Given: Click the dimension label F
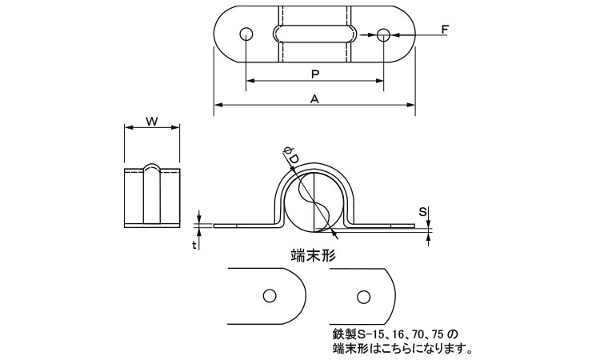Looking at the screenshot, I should [445, 30].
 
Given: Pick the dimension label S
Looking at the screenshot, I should [423, 212].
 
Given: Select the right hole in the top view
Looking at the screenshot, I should [384, 34].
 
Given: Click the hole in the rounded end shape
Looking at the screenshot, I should [269, 295].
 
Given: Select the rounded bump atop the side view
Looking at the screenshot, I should [152, 168].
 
